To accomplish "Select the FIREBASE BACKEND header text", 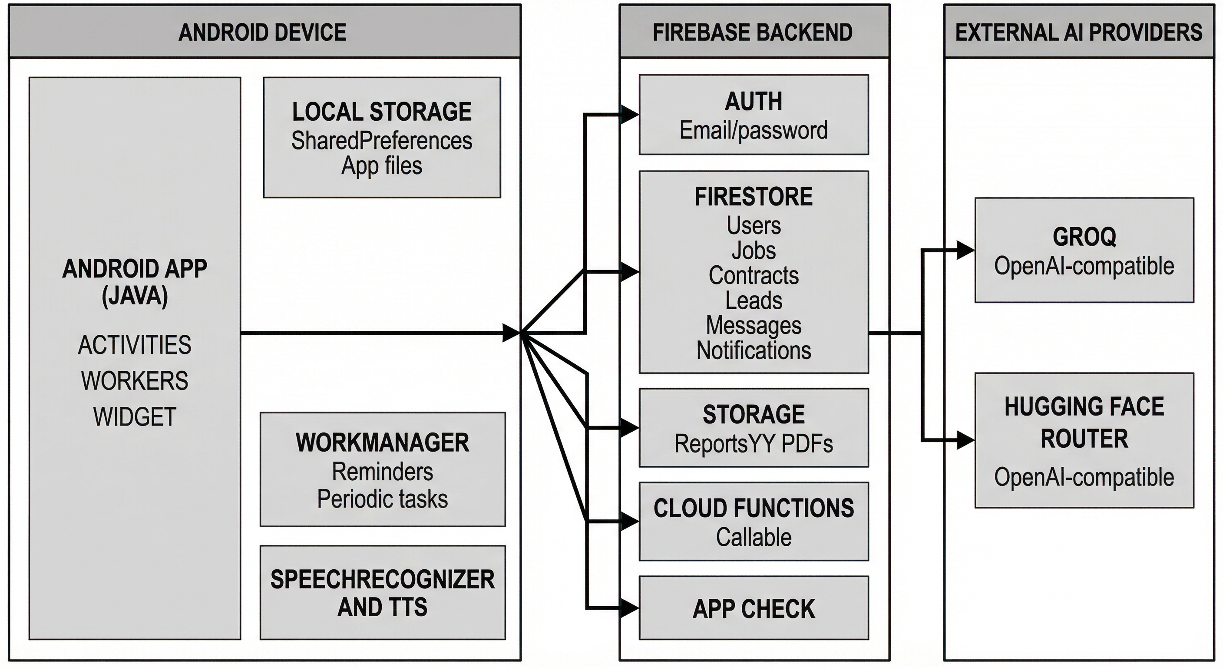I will click(753, 32).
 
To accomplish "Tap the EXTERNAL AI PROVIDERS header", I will click(1078, 32).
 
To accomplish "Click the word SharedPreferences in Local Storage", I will click(381, 141).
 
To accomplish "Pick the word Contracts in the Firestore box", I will click(754, 275).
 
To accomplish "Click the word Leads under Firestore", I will click(754, 300).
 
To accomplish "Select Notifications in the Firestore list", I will click(754, 350).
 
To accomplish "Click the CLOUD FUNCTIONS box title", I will click(754, 508).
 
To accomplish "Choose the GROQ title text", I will click(1084, 236).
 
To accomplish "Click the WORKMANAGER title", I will click(382, 442).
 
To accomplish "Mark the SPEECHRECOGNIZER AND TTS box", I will click(382, 592).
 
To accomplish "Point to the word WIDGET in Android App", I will click(135, 417).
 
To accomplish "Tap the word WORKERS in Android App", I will click(135, 381).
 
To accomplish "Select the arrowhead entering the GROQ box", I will click(965, 250).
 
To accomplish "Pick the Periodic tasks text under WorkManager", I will click(382, 499).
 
